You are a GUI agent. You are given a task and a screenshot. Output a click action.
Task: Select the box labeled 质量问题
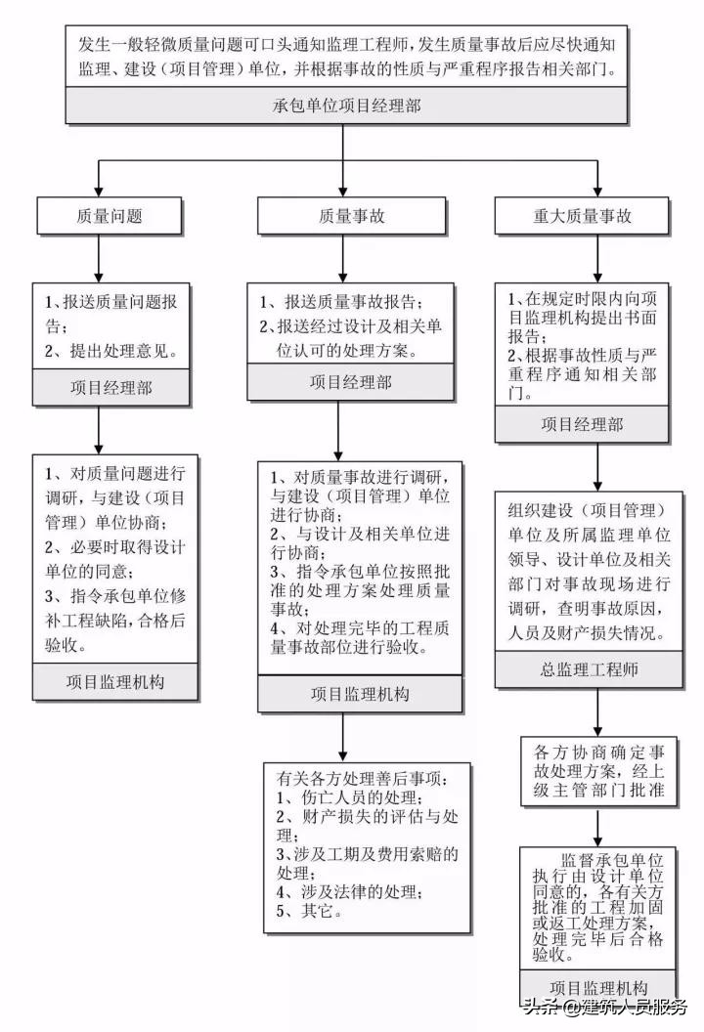[97, 216]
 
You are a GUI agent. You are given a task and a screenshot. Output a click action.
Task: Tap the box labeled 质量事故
[339, 216]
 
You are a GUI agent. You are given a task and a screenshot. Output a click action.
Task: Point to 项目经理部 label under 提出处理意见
[110, 387]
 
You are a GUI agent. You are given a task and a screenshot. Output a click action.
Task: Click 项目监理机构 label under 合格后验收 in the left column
[115, 680]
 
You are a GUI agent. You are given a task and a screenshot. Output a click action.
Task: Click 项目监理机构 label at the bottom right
[598, 987]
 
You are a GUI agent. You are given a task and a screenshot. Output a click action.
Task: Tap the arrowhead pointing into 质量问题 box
[97, 193]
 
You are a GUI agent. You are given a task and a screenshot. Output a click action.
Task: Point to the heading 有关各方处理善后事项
[362, 779]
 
